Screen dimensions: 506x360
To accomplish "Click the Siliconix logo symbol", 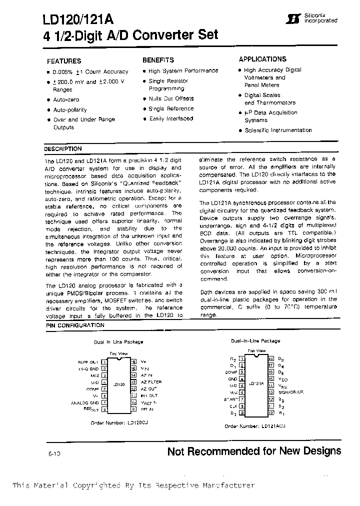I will tap(289, 19).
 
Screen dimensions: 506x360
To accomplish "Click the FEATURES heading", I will tap(64, 61).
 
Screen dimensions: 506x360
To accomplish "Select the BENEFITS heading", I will tap(158, 59).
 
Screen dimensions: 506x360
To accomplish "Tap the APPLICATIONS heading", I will tap(262, 59).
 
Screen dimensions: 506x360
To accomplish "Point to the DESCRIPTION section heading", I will tap(62, 149).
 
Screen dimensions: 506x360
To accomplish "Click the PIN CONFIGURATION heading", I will tap(75, 325).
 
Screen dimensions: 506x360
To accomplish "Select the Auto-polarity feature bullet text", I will tap(70, 109).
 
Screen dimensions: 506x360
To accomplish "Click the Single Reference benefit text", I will tap(171, 108).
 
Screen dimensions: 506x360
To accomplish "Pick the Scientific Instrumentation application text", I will tap(278, 130).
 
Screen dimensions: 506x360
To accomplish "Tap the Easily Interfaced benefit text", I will tap(171, 118).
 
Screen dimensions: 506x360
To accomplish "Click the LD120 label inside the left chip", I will tap(118, 384).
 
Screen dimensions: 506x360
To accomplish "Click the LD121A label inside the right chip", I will tap(256, 383).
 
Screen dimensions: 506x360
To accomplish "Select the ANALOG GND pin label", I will tap(85, 402).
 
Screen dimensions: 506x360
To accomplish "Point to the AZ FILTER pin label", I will tap(151, 381).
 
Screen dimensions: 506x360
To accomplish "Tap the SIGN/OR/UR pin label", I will tap(290, 392).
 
